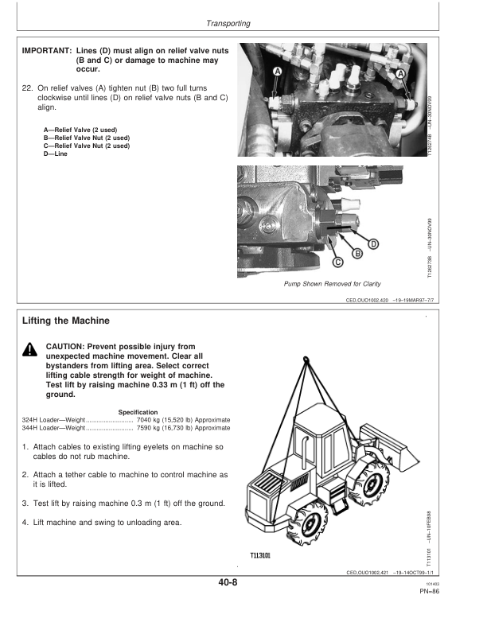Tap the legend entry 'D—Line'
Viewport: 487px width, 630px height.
pos(55,154)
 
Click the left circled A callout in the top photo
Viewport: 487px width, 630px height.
pos(278,72)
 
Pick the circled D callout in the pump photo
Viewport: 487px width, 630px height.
pos(372,243)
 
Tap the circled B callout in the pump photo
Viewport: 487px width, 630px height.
pos(357,253)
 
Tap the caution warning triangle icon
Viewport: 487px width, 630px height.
pos(29,348)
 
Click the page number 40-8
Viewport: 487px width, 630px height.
pos(226,582)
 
